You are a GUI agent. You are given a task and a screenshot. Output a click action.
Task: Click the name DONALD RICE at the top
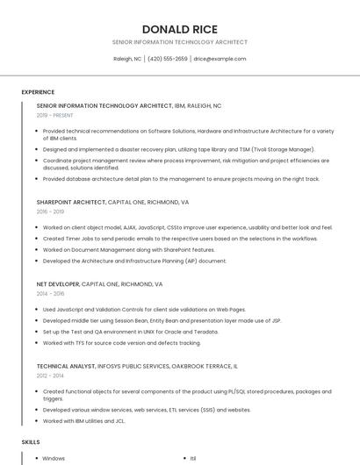179,29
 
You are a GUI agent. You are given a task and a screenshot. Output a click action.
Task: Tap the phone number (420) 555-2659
168,59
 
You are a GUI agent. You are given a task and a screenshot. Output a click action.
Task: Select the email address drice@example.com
220,59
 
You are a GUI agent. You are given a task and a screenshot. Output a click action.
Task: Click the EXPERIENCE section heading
38,92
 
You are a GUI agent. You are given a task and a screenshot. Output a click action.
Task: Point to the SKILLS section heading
31,442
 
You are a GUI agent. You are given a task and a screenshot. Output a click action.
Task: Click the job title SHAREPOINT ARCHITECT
71,201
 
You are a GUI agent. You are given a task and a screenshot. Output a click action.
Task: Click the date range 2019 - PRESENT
55,115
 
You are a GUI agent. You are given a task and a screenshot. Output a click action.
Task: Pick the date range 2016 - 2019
50,211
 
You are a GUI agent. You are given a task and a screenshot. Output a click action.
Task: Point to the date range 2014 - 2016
50,294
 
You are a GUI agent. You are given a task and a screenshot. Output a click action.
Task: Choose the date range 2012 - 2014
50,376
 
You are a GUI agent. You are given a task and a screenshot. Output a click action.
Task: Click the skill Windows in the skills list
54,458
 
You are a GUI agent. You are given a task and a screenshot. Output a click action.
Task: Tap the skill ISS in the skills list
193,458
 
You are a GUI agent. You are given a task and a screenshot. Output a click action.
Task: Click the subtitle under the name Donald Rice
179,42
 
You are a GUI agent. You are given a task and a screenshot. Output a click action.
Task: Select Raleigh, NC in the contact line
127,59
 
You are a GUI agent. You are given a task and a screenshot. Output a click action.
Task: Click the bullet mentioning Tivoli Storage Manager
178,150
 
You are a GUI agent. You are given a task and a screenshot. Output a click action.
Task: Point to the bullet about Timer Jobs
180,239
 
